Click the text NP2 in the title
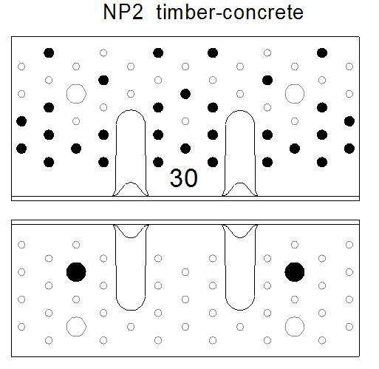tap(123, 12)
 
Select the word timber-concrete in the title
tap(230, 12)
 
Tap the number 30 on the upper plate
tap(184, 177)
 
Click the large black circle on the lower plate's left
tap(76, 272)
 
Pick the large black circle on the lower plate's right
tap(295, 272)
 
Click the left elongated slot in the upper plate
tap(116, 153)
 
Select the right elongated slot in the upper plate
tap(225, 153)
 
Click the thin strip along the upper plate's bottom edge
tap(185, 198)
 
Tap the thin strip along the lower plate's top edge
tap(185, 222)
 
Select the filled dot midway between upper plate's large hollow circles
tap(185, 94)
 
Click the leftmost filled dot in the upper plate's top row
tap(49, 53)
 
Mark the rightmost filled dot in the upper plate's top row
tap(322, 53)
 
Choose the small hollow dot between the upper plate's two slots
tap(185, 121)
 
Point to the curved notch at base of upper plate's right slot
tap(240, 183)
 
